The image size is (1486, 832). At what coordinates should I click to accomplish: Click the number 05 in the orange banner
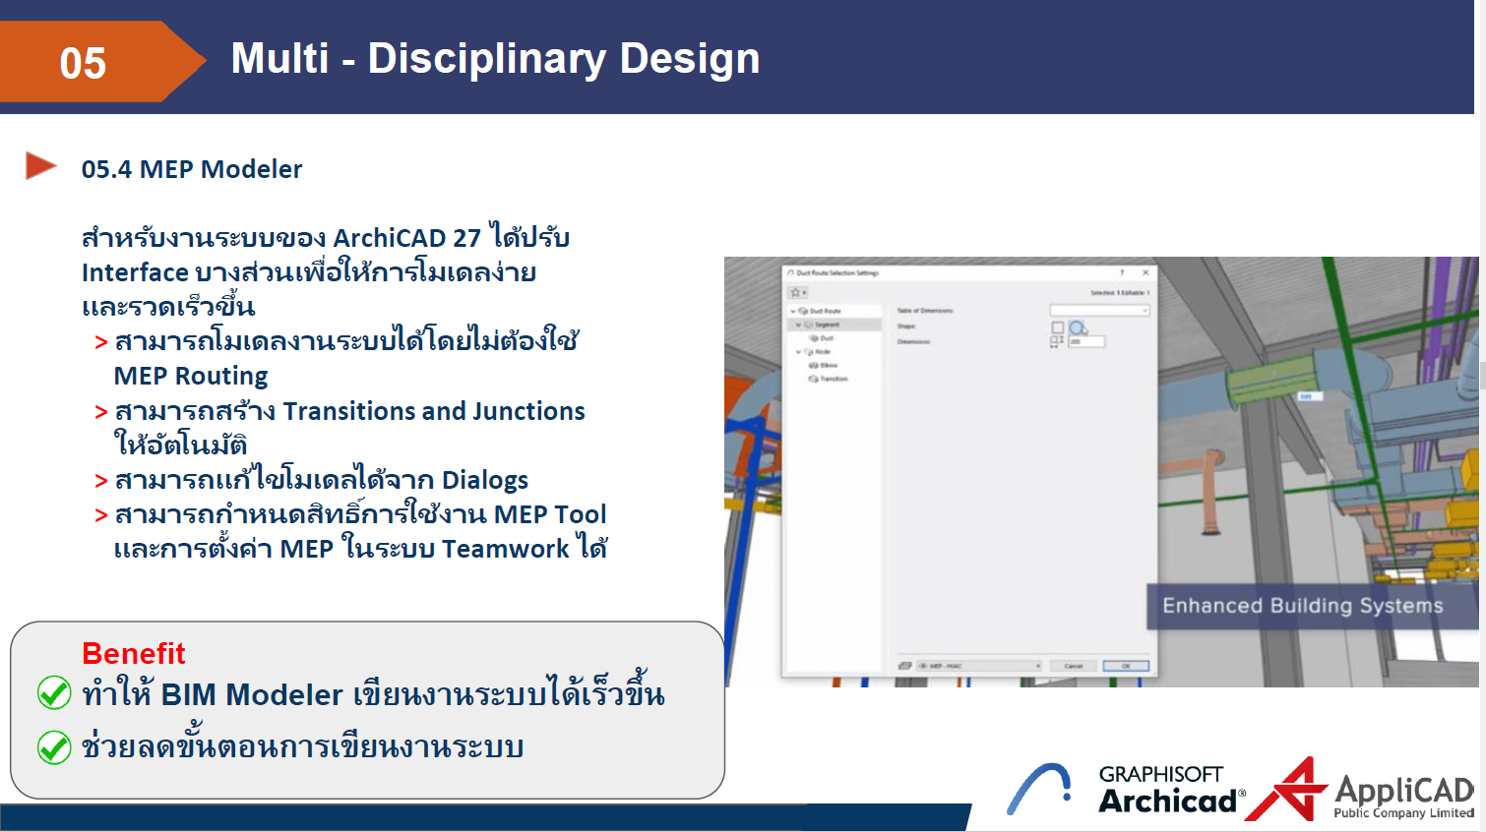[x=83, y=63]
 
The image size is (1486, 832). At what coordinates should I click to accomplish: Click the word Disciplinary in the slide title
[x=486, y=59]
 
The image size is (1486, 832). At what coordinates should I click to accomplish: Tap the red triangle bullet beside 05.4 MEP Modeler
[x=40, y=166]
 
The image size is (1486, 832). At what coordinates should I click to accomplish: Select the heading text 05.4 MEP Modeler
[x=192, y=169]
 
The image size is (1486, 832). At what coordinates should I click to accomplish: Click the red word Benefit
[x=133, y=653]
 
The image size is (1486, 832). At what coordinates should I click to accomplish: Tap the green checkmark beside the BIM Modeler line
[x=54, y=693]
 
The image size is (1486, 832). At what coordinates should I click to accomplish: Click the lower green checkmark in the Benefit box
[x=54, y=747]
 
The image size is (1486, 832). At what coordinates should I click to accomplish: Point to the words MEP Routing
[x=191, y=376]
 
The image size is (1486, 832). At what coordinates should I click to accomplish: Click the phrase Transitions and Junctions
[x=433, y=411]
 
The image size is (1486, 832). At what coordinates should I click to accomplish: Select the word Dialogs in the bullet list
[x=484, y=480]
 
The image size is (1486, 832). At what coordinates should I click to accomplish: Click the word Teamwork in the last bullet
[x=505, y=549]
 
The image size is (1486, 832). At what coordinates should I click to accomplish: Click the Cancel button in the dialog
[x=1073, y=666]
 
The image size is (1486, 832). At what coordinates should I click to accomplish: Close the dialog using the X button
[x=1145, y=272]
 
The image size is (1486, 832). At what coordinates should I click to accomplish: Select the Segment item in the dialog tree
[x=827, y=325]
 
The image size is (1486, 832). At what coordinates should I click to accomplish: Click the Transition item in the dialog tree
[x=833, y=379]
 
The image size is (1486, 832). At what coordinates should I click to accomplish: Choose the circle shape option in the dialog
[x=1078, y=327]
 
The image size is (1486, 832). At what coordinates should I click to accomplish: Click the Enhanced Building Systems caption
[x=1302, y=606]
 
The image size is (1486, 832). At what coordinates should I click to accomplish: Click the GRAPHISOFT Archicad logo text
[x=1168, y=790]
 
